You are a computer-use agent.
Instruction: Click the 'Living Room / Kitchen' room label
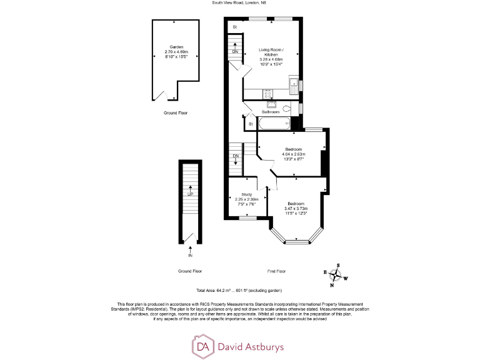pos(271,52)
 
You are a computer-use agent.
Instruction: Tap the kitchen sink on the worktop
pos(292,82)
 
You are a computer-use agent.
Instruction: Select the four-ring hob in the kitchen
pos(268,94)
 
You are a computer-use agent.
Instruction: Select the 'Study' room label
pos(246,194)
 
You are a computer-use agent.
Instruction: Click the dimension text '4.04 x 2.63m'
pos(293,154)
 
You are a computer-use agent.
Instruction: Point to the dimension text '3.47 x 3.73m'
pos(296,209)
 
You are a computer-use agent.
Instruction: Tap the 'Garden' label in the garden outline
pos(174,47)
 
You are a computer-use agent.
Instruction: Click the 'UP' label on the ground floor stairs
pos(190,194)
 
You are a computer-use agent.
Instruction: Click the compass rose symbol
pos(335,276)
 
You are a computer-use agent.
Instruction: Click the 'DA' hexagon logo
pos(202,345)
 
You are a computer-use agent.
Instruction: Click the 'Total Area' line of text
pos(239,291)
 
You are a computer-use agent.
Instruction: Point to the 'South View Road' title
pos(239,4)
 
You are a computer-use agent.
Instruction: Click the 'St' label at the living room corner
pos(235,27)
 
